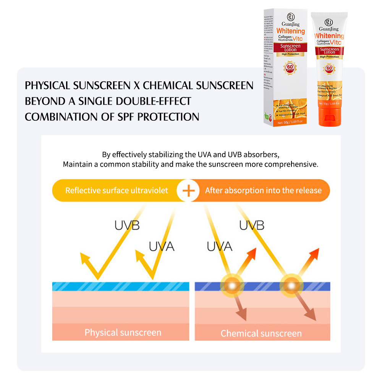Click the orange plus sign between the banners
pos(188,190)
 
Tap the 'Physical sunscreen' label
pos(123,332)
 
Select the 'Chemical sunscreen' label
pos(261,333)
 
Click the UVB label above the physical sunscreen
pos(127,225)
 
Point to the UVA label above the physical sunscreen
pos(161,247)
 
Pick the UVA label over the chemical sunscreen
pos(219,246)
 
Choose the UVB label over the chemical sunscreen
pos(252,225)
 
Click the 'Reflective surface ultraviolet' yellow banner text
pos(117,190)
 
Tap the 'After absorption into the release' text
pos(263,190)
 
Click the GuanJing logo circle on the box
pos(290,16)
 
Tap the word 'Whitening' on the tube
pos(329,36)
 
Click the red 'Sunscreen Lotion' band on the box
pos(290,47)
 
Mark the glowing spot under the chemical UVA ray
pos(232,285)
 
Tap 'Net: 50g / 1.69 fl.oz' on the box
pos(290,121)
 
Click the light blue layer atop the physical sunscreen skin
pos(120,286)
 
